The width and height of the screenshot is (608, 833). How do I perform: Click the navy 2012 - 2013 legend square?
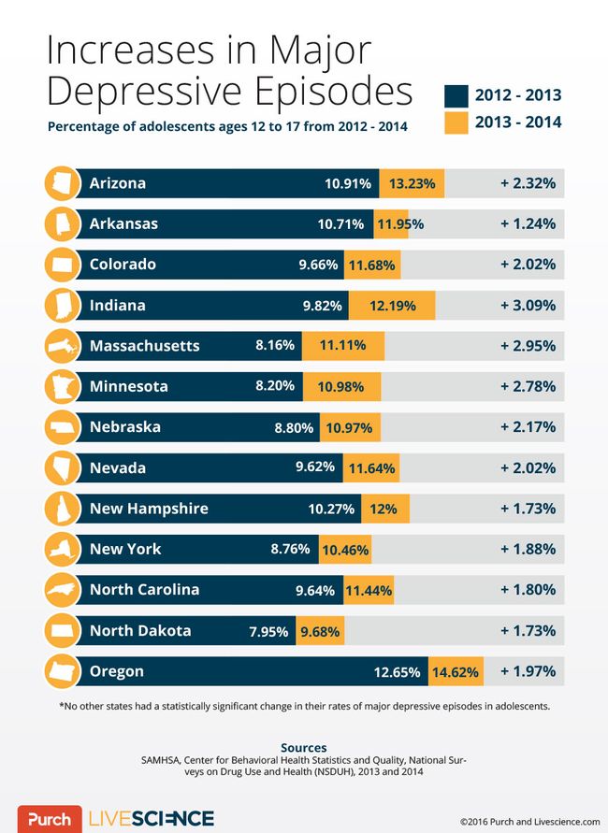pos(455,95)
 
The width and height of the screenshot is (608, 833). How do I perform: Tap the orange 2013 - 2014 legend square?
pos(455,122)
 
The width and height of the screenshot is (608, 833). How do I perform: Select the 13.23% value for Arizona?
pos(413,183)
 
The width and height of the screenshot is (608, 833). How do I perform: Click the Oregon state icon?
pos(61,671)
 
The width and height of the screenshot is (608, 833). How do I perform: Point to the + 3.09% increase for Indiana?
pos(528,305)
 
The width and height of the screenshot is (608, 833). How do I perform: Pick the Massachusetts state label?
pos(144,346)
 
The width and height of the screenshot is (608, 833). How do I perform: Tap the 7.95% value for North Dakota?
pos(268,631)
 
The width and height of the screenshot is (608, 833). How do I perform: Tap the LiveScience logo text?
pos(151,819)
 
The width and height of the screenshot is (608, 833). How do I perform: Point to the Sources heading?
pos(303,747)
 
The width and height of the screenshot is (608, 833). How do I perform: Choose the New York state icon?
pos(61,550)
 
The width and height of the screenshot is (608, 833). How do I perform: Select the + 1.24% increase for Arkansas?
pos(528,223)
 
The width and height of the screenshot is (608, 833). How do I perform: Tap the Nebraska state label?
pos(124,427)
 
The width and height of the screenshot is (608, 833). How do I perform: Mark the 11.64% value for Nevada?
pos(371,467)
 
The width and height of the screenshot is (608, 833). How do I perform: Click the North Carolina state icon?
pos(61,590)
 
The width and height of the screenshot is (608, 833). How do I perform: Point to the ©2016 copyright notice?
pos(529,821)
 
